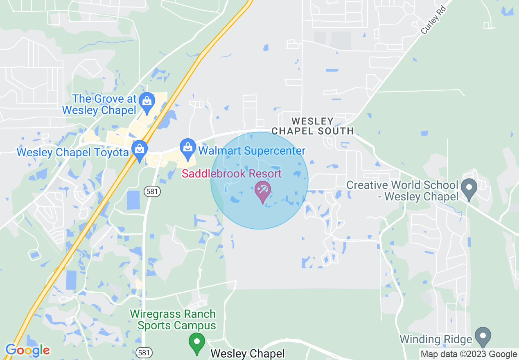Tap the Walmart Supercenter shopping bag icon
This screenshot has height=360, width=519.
[188, 148]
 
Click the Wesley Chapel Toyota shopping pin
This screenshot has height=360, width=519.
[140, 150]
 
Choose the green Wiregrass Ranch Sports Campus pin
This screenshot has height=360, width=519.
[197, 342]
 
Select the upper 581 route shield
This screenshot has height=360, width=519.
[152, 191]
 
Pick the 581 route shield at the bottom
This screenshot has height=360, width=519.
[144, 352]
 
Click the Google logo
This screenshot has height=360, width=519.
[27, 350]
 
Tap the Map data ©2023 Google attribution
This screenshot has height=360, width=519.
[469, 354]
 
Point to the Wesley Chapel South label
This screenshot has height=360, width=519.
[313, 126]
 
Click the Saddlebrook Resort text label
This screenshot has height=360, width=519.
[232, 173]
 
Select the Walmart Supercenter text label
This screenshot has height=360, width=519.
[252, 151]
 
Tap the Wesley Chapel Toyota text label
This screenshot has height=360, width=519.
[72, 153]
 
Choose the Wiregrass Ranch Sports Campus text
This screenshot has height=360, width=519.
[173, 320]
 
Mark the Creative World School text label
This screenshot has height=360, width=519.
[402, 191]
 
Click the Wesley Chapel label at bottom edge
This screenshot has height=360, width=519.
[247, 353]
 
